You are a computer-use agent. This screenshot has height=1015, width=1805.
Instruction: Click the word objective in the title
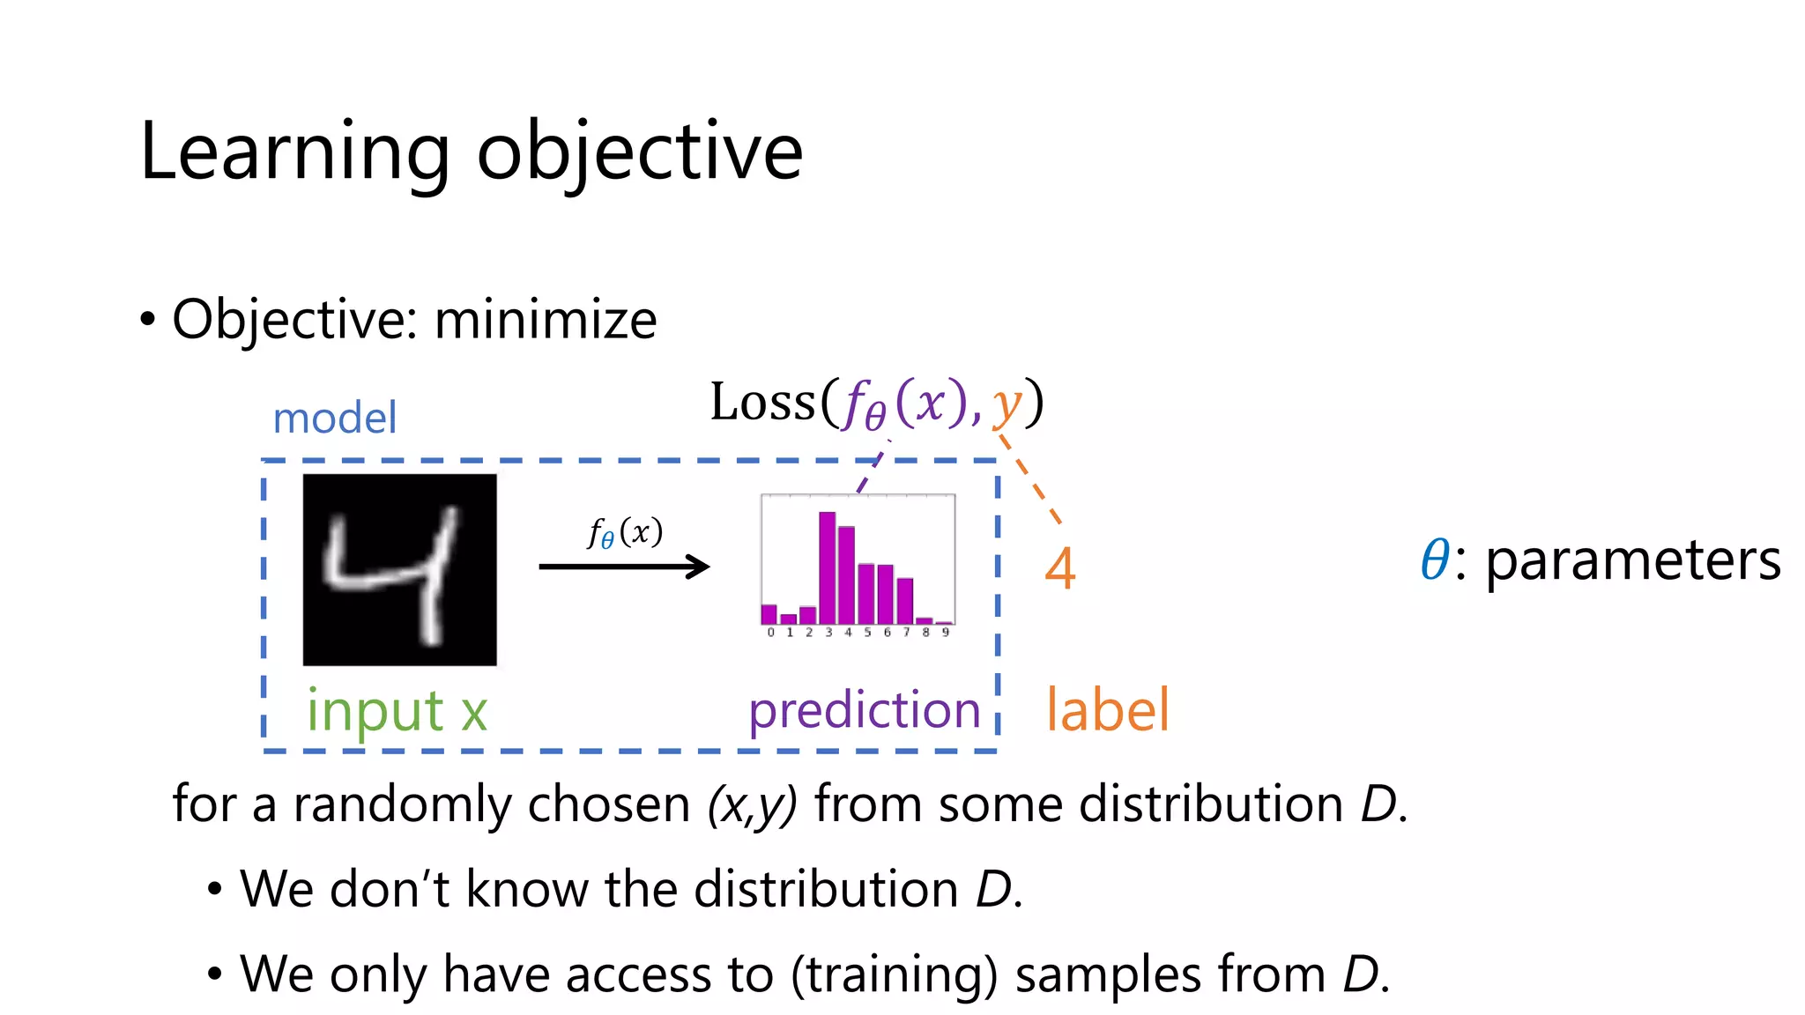pyautogui.click(x=640, y=152)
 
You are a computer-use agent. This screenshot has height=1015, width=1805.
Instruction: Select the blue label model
pyautogui.click(x=335, y=418)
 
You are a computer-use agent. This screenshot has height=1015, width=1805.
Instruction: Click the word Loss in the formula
pyautogui.click(x=762, y=403)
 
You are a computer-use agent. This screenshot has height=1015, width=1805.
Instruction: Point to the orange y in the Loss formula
pyautogui.click(x=1006, y=405)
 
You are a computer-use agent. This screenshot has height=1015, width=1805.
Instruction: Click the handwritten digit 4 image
pyautogui.click(x=399, y=569)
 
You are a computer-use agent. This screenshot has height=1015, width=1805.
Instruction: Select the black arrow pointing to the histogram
pyautogui.click(x=624, y=567)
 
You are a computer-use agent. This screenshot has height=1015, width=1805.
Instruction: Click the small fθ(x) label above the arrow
pyautogui.click(x=625, y=532)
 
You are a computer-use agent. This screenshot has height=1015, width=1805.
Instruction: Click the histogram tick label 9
pyautogui.click(x=945, y=633)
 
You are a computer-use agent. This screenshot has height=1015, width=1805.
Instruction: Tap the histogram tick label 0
pyautogui.click(x=770, y=633)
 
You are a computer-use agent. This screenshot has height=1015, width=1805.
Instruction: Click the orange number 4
pyautogui.click(x=1060, y=569)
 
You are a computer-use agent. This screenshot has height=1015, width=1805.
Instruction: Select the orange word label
pyautogui.click(x=1107, y=710)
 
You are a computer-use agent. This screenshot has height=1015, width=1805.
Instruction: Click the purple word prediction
pyautogui.click(x=864, y=710)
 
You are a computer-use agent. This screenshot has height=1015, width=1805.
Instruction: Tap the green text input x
pyautogui.click(x=397, y=710)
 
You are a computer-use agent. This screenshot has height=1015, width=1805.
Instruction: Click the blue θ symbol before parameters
pyautogui.click(x=1435, y=560)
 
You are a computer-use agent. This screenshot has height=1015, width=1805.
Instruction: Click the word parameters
pyautogui.click(x=1633, y=560)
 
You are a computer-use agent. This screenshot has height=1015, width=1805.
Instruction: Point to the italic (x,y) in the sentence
pyautogui.click(x=752, y=804)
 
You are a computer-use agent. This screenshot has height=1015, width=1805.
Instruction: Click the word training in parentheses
pyautogui.click(x=894, y=974)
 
